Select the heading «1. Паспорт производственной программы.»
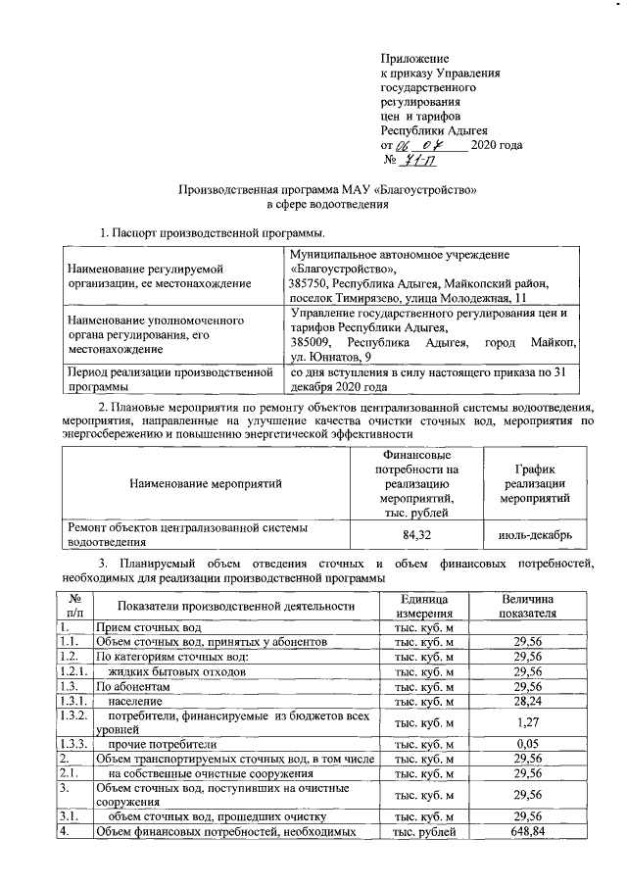[x=213, y=233]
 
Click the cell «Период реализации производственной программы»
[x=167, y=379]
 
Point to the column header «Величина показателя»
[x=528, y=605]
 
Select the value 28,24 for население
[x=528, y=702]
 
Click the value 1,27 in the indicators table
[x=528, y=722]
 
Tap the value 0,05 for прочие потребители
[x=528, y=744]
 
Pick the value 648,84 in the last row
[x=528, y=832]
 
